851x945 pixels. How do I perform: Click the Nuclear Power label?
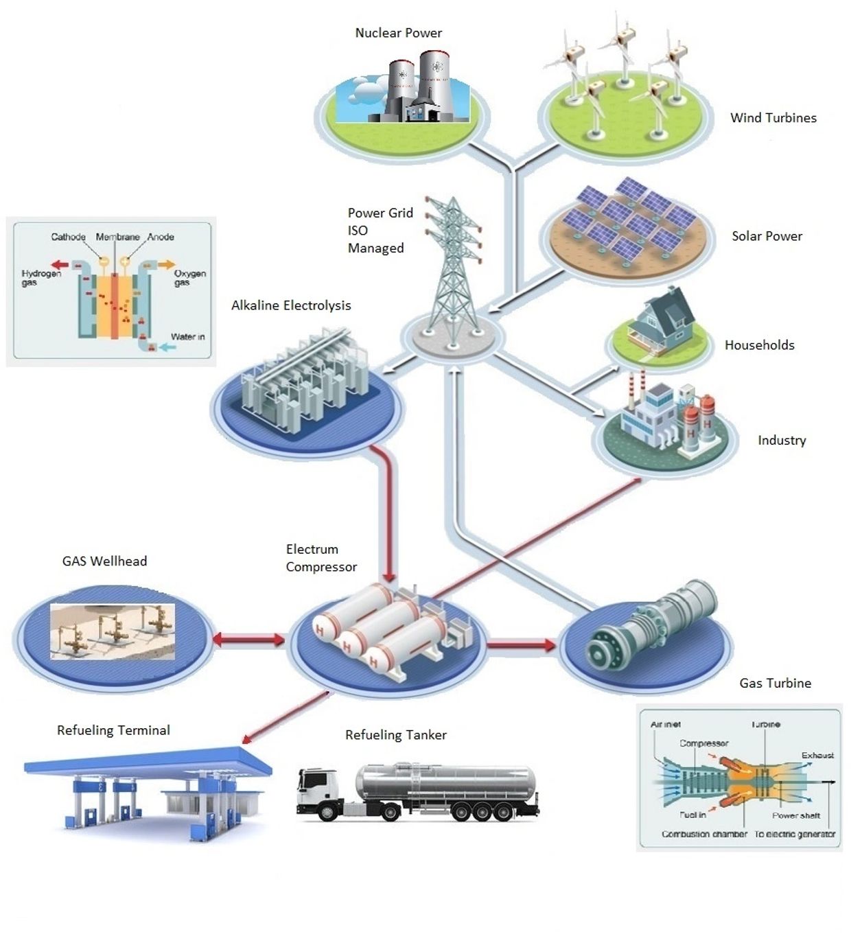click(x=398, y=33)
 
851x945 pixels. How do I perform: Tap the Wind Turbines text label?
click(x=773, y=118)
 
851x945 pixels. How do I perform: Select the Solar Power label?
click(x=767, y=236)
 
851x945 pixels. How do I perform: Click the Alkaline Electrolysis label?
click(x=291, y=305)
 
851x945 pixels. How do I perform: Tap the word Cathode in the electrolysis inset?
click(x=68, y=237)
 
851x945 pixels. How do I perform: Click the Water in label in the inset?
click(x=187, y=336)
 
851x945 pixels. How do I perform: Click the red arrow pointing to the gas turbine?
click(x=521, y=644)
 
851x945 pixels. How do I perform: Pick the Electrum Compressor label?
click(x=320, y=558)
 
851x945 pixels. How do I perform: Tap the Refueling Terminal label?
click(x=113, y=730)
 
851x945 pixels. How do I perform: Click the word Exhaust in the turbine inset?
click(x=817, y=755)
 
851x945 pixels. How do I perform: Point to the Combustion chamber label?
click(x=704, y=834)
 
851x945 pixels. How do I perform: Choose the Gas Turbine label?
click(x=775, y=683)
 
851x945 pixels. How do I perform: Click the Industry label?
click(x=781, y=441)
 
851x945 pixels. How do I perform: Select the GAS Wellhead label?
click(x=104, y=561)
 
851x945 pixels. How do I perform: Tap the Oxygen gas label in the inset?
click(x=189, y=277)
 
